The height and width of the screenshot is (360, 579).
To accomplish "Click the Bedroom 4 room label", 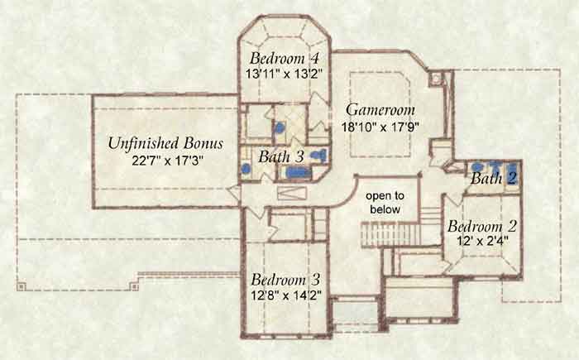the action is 284,59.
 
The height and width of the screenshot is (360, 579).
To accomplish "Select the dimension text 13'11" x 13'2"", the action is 282,74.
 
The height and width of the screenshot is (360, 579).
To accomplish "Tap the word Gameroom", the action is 380,110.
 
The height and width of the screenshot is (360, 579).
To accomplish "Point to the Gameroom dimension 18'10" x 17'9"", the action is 380,127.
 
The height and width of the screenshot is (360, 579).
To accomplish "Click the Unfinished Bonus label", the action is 165,143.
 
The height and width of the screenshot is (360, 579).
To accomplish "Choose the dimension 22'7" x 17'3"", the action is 168,161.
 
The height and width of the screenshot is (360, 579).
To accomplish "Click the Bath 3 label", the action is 280,156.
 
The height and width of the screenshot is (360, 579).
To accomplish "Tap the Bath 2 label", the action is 493,179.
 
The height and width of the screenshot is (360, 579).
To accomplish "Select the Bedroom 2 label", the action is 482,226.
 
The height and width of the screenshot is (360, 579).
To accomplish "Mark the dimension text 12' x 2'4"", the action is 482,241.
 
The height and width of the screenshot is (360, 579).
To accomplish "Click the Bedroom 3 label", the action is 285,280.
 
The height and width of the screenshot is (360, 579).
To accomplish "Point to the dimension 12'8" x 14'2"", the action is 286,295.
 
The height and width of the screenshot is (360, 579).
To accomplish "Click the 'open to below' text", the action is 385,202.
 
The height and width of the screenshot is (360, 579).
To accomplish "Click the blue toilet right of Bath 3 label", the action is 319,156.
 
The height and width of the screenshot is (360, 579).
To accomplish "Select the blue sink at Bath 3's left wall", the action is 246,169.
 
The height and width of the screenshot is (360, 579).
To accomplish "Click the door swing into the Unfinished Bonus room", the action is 234,193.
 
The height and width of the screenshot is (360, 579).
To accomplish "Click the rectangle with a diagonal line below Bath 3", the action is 292,193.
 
